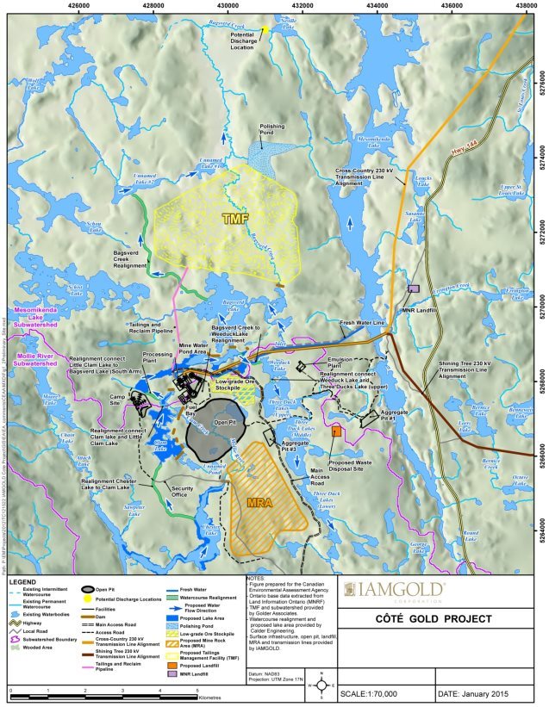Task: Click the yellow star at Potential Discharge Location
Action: tap(265, 30)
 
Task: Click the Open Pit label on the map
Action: tap(224, 423)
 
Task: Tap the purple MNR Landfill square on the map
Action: tap(413, 289)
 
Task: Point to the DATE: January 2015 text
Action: tap(485, 693)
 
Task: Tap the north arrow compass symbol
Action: tap(321, 685)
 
